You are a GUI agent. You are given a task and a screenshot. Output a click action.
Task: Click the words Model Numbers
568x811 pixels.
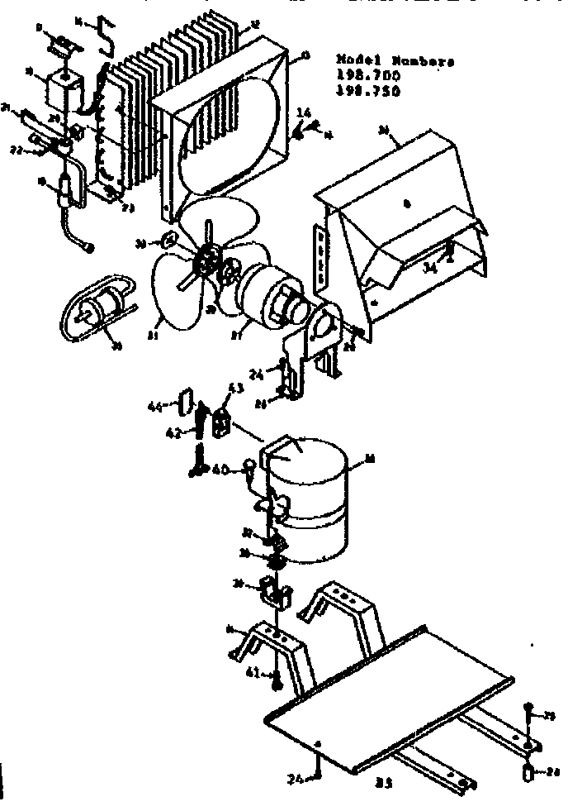tap(395, 60)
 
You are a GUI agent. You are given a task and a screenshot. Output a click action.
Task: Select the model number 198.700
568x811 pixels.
tap(367, 76)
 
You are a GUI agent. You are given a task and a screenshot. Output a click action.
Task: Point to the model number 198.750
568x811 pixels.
tap(367, 91)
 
